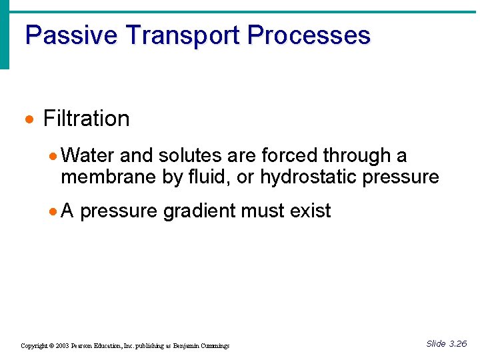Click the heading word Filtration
pyautogui.click(x=86, y=119)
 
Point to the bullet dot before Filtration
pyautogui.click(x=29, y=120)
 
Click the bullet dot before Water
pyautogui.click(x=53, y=157)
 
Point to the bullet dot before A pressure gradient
pyautogui.click(x=53, y=212)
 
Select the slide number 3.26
pyautogui.click(x=457, y=344)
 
